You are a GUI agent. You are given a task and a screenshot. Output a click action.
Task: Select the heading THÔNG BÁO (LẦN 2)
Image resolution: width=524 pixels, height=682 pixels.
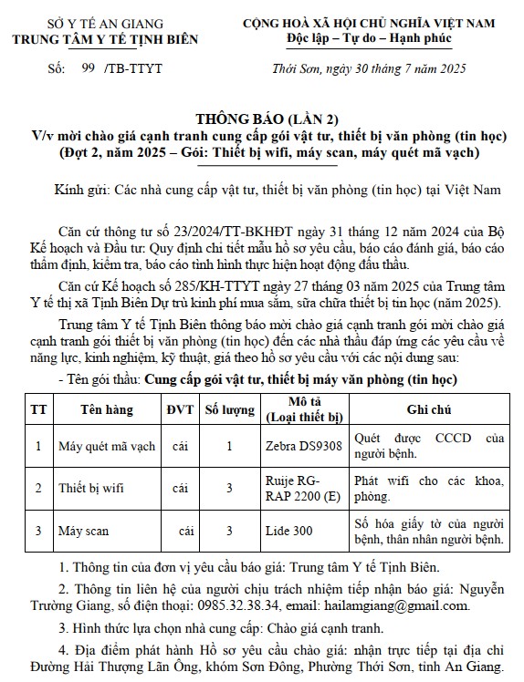point(262,119)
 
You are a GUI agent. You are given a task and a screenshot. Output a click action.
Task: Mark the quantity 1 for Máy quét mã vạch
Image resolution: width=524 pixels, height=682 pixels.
point(228,446)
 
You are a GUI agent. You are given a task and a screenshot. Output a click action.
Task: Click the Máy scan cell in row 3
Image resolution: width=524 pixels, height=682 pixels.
point(82,530)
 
